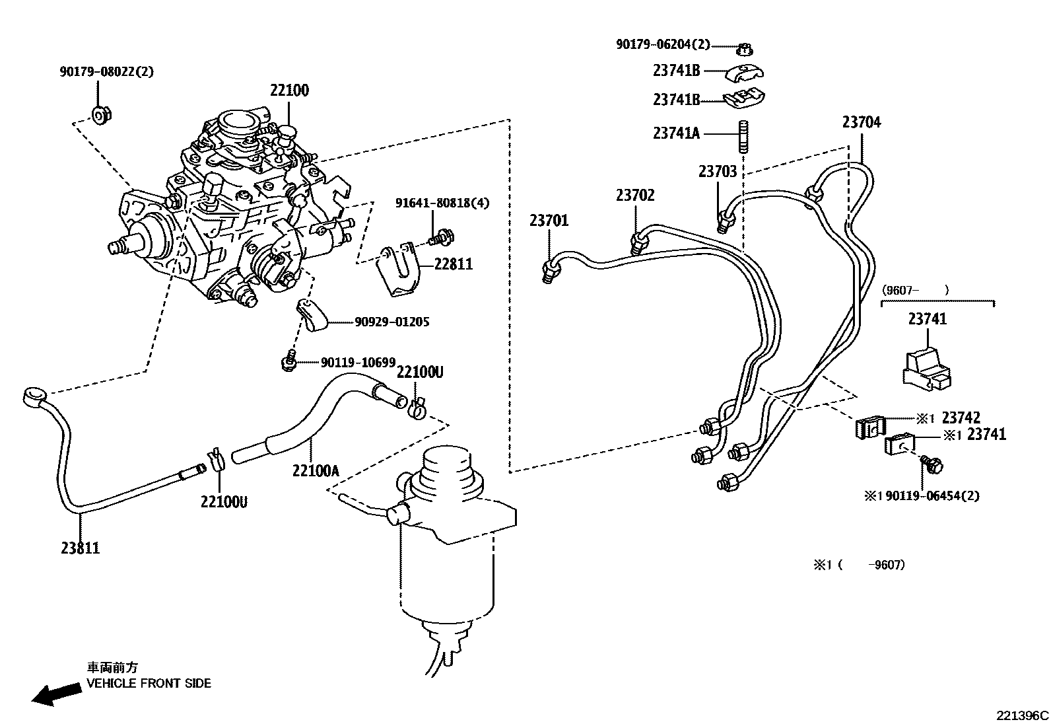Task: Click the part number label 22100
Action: [x=288, y=91]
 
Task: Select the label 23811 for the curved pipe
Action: [x=81, y=548]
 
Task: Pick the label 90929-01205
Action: [x=391, y=322]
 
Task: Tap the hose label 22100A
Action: [x=316, y=470]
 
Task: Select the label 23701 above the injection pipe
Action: [x=548, y=220]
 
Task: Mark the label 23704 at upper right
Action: [x=861, y=122]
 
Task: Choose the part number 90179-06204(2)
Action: [x=663, y=44]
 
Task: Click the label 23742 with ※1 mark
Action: [x=961, y=417]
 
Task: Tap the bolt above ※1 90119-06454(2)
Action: [x=933, y=464]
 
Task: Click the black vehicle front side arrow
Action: [x=53, y=694]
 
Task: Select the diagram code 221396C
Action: [x=1022, y=715]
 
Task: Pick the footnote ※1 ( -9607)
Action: [x=858, y=565]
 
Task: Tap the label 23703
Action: [x=717, y=172]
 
